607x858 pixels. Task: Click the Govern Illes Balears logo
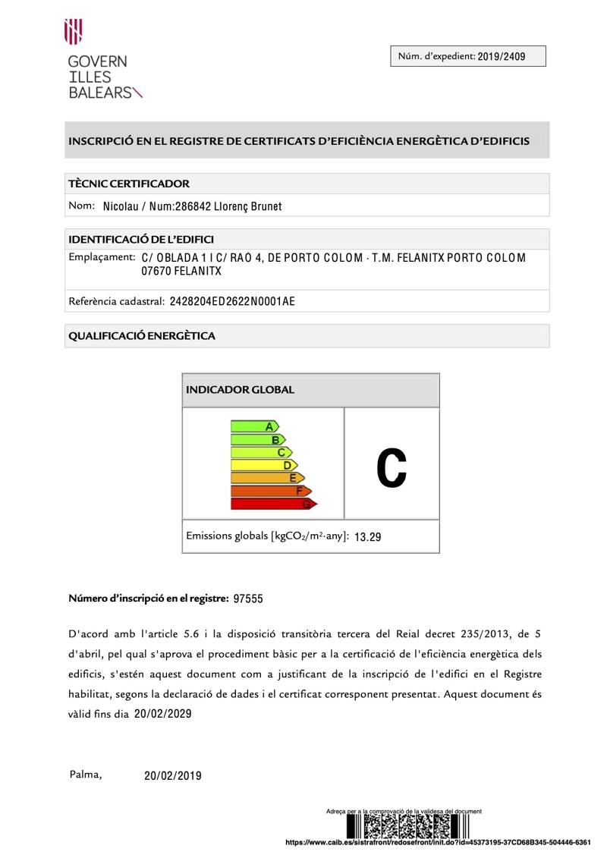pyautogui.click(x=99, y=61)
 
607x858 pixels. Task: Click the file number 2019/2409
pyautogui.click(x=502, y=56)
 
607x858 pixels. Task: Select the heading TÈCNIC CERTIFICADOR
pyautogui.click(x=129, y=184)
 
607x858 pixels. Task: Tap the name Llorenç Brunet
pyautogui.click(x=248, y=206)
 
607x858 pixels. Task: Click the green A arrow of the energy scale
pyautogui.click(x=255, y=427)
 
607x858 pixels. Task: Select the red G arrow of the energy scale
pyautogui.click(x=273, y=503)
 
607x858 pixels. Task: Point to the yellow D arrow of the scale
pyautogui.click(x=264, y=465)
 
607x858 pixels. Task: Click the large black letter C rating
pyautogui.click(x=392, y=464)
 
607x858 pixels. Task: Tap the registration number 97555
pyautogui.click(x=248, y=599)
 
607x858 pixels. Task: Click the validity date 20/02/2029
pyautogui.click(x=163, y=714)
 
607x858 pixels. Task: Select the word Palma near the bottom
pyautogui.click(x=86, y=775)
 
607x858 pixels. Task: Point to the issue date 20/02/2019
pyautogui.click(x=173, y=775)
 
